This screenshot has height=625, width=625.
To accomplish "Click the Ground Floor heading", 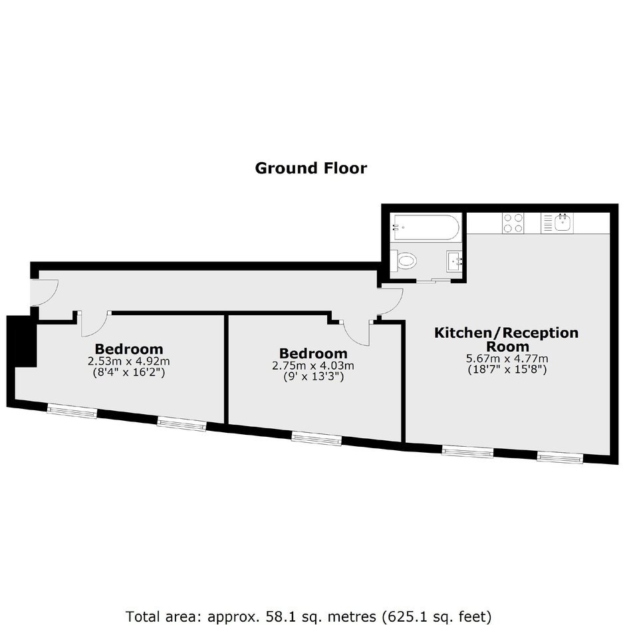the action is [311, 168].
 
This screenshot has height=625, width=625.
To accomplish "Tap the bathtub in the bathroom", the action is [426, 227].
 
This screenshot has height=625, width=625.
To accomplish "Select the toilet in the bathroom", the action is [404, 261].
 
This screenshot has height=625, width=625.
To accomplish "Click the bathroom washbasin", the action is [454, 261].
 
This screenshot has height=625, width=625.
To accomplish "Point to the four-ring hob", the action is [513, 223].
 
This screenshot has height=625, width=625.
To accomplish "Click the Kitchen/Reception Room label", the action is [506, 339].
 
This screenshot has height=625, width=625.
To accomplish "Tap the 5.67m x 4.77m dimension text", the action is [507, 358].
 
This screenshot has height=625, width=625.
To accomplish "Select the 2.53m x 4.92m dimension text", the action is [129, 362].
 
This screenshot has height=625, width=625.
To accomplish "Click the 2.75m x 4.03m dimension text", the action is [313, 366].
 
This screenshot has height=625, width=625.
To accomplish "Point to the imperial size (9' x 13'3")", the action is [313, 376].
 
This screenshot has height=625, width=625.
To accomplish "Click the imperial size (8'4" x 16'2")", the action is [129, 373].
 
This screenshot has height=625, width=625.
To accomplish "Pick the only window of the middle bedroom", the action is [316, 438].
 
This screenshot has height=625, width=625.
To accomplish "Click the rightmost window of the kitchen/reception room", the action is [560, 457].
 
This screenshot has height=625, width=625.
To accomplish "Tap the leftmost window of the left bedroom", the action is [72, 411].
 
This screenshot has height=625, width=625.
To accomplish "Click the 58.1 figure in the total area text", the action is [276, 616].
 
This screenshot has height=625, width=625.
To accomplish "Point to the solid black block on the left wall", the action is [23, 342].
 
